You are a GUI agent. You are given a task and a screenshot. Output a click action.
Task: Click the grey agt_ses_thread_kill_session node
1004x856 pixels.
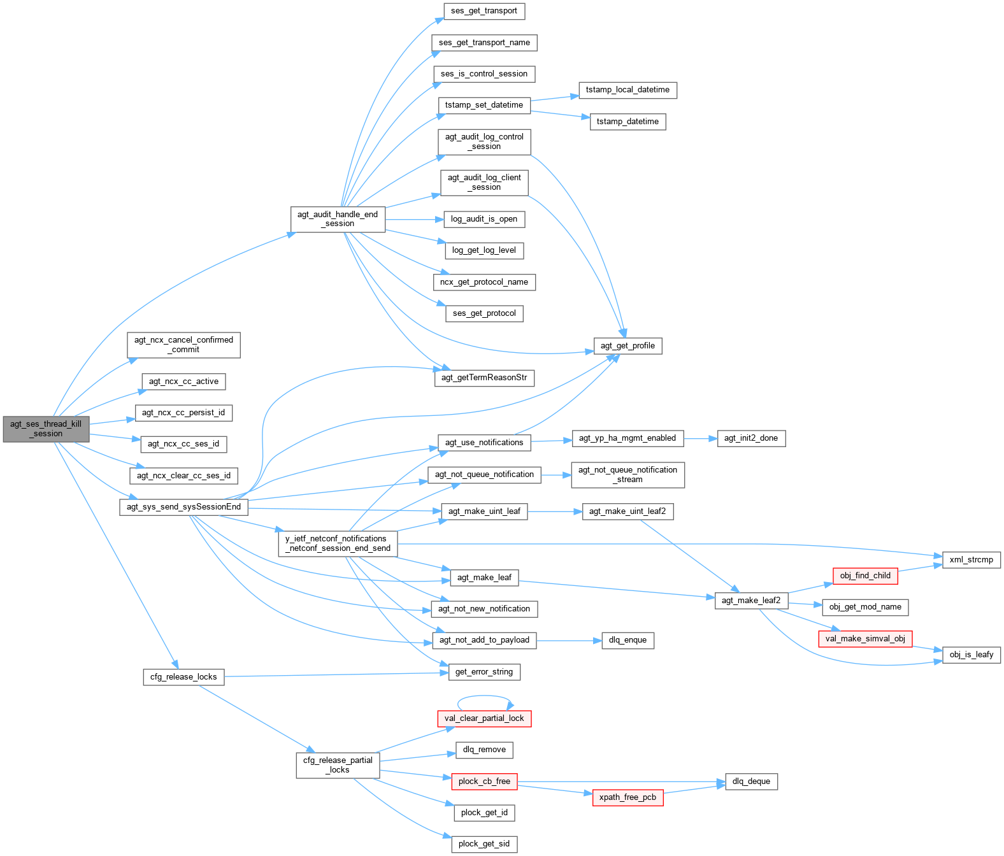[x=46, y=429]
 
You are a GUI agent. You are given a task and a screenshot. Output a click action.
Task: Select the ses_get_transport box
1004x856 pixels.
[x=484, y=11]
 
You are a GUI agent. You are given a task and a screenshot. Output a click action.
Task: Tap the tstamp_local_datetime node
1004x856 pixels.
[x=627, y=90]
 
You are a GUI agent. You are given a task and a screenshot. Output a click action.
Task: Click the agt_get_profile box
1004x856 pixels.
[x=627, y=346]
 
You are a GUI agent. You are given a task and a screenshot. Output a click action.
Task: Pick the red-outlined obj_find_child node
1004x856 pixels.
[x=865, y=576]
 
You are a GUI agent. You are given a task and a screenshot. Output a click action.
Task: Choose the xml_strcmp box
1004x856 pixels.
[x=971, y=560]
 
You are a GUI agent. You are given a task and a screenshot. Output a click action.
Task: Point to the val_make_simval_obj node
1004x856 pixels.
[x=865, y=639]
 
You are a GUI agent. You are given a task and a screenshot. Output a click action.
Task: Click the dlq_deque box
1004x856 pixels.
[x=751, y=781]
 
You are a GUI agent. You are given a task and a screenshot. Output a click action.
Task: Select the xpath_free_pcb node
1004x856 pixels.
[x=627, y=797]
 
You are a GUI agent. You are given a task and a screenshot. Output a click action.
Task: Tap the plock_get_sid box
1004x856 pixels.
[x=484, y=844]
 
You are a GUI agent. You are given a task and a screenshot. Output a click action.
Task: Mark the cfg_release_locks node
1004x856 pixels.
[x=183, y=677]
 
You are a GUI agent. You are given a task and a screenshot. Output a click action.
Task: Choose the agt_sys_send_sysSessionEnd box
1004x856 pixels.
[x=183, y=507]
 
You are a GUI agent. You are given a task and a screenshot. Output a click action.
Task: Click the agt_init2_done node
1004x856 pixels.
[x=751, y=438]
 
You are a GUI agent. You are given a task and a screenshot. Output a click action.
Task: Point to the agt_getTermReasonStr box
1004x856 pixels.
[x=484, y=378]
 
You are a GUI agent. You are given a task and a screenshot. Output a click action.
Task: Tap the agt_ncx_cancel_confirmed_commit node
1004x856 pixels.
[x=183, y=345]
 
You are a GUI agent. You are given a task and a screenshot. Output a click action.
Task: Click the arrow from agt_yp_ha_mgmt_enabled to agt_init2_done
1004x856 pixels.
[x=700, y=438]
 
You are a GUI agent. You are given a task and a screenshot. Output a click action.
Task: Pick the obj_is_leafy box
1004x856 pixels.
[x=971, y=655]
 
